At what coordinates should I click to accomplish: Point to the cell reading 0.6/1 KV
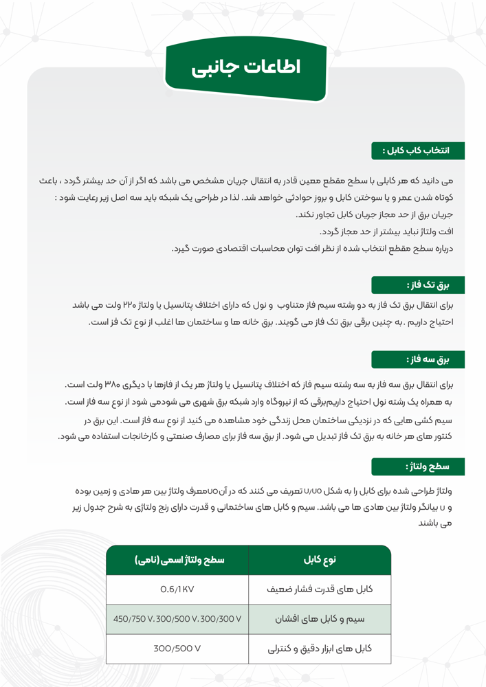pos(177,589)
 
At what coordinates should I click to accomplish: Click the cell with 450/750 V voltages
pos(177,618)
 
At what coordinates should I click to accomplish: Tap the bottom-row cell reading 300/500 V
pos(177,648)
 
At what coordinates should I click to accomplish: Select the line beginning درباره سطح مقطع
pos(316,249)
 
